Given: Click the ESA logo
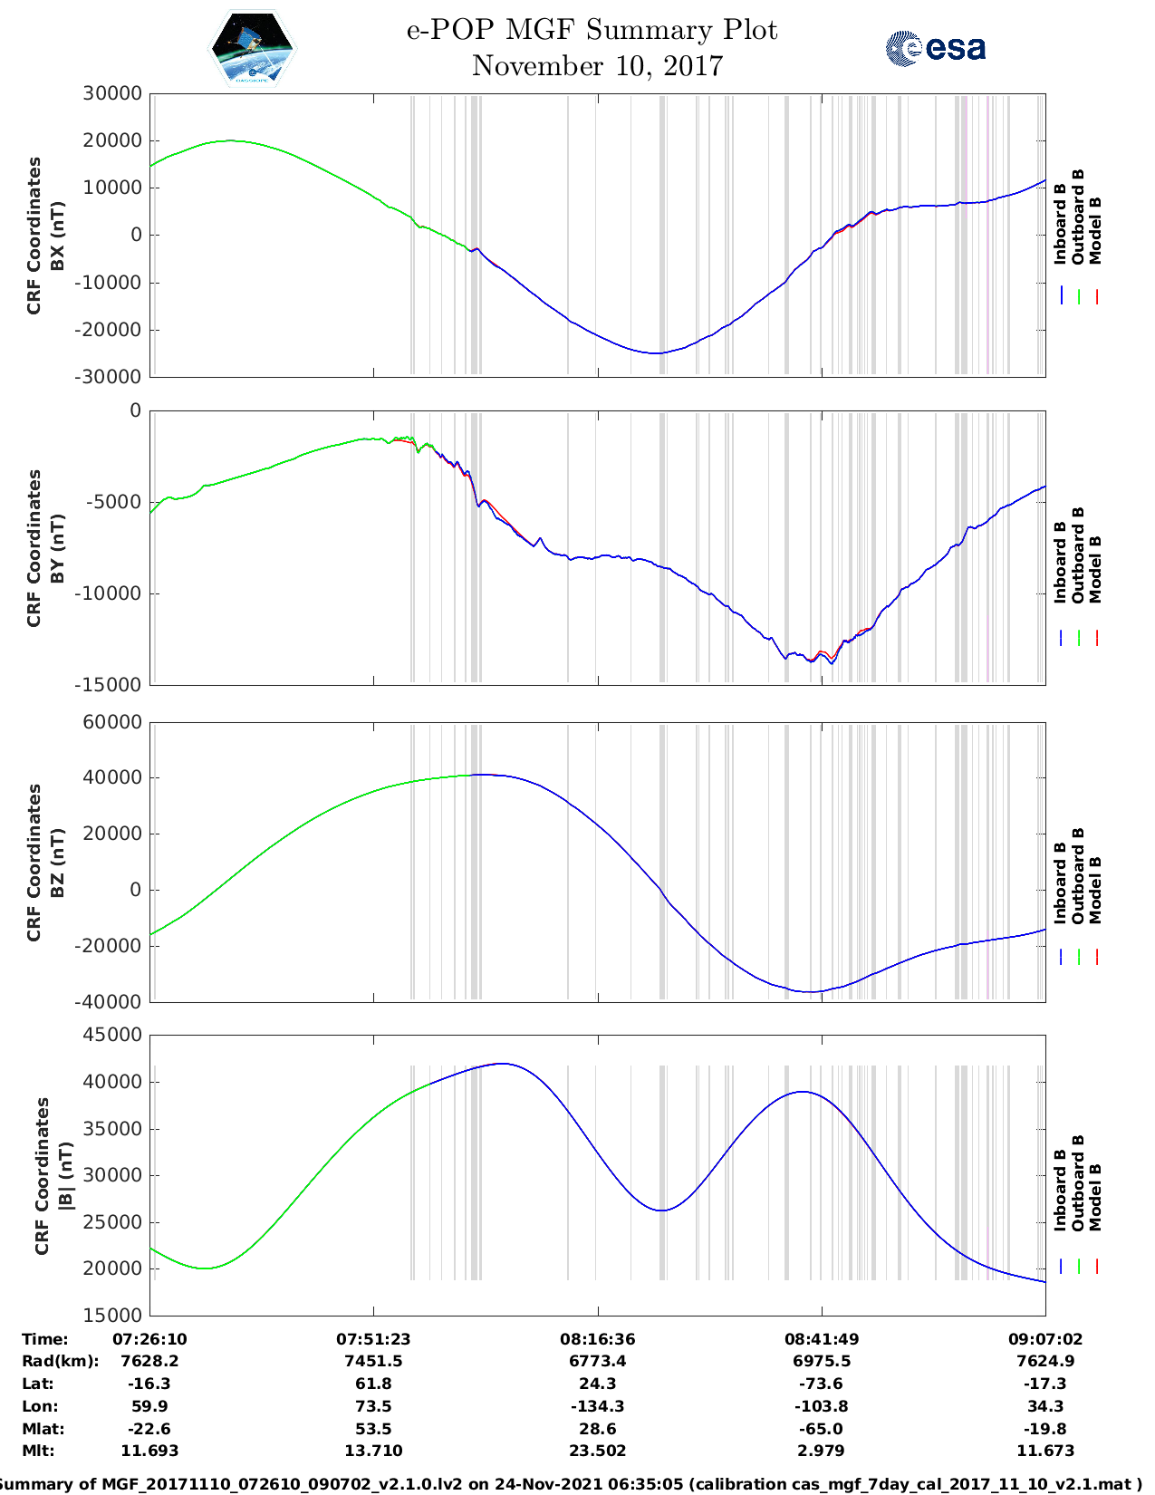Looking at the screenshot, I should coord(936,48).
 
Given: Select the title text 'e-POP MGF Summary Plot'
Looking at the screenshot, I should coord(592,30).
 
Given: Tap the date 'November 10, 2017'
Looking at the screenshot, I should coord(597,66).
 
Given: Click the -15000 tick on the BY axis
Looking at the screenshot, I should coord(112,685).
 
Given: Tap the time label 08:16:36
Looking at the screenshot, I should coord(597,1338).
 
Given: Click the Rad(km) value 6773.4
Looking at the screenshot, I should coord(597,1361).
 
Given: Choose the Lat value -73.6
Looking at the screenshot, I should coord(821,1384).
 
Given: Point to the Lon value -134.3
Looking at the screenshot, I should coord(597,1406).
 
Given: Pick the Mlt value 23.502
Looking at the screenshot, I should coord(597,1451).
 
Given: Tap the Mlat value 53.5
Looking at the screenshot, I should coord(373,1429).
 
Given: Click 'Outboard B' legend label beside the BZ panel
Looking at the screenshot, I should coord(1078,876).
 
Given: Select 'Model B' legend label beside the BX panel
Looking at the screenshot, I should coord(1095,230).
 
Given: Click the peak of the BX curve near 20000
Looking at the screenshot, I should coord(231,140).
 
